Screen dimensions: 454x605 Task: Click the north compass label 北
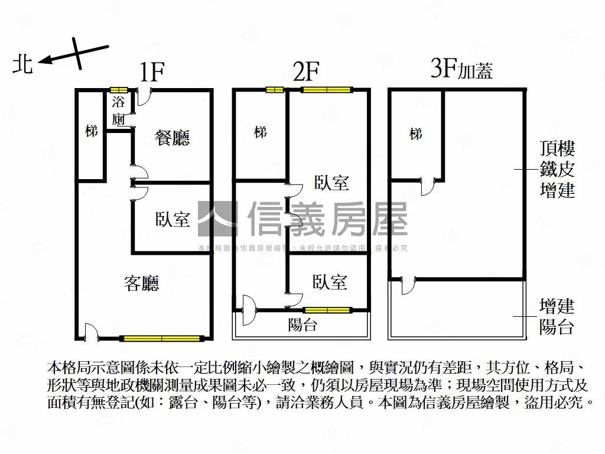tap(22, 63)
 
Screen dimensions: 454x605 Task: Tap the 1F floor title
tap(151, 72)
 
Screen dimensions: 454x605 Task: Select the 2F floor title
tap(306, 72)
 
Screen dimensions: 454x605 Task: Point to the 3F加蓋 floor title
tap(462, 70)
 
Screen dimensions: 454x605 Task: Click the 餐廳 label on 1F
tap(172, 138)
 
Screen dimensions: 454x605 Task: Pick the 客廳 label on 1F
tap(141, 283)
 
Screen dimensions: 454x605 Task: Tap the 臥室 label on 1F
tap(173, 219)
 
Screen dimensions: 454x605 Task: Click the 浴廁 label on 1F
tap(118, 110)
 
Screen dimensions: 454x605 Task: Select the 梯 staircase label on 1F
tap(91, 131)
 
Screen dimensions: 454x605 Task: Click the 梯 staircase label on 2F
tap(260, 132)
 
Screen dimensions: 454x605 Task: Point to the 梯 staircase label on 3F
tap(416, 134)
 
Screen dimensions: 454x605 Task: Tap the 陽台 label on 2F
tap(302, 325)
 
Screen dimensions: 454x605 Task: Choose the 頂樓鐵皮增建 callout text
tap(557, 169)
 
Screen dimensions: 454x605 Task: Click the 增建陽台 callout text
tap(557, 316)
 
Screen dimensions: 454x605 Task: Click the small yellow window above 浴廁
tap(119, 90)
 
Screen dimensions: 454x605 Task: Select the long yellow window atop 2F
tap(326, 90)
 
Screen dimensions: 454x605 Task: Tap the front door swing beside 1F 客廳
tap(90, 332)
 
